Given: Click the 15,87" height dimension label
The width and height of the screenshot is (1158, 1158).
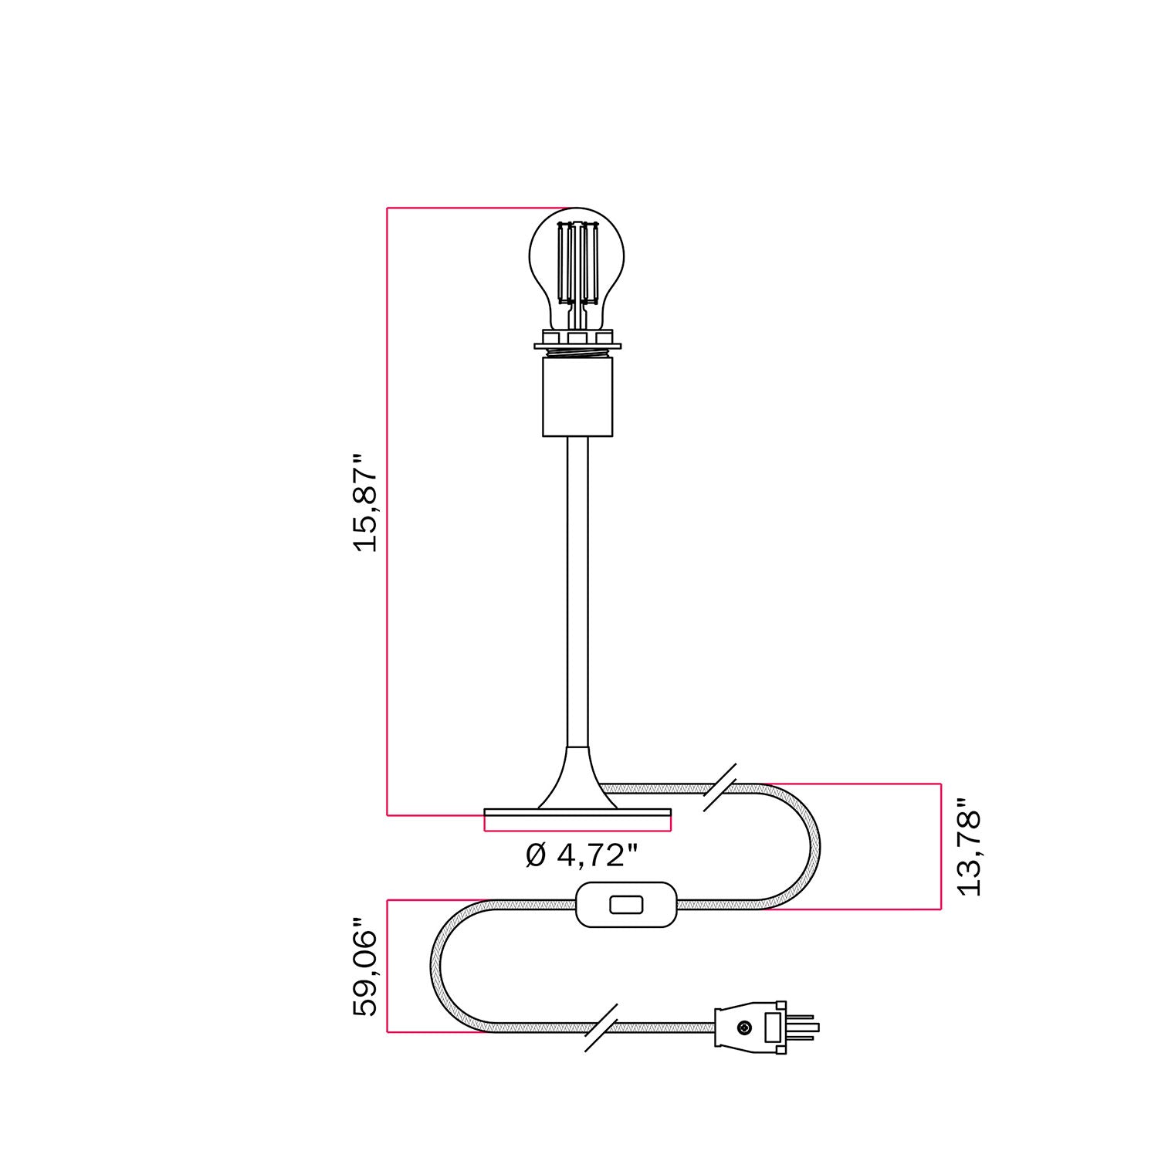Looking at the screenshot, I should (365, 502).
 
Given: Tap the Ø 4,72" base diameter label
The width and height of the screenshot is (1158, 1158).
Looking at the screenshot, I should (582, 855).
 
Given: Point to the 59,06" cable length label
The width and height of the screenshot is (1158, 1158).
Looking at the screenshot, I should (365, 967).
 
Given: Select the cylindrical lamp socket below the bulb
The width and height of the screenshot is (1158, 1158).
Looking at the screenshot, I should (577, 398).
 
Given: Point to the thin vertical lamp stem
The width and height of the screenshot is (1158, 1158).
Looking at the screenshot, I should (577, 587).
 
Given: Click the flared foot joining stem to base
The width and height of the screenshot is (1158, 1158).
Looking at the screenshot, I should (577, 780).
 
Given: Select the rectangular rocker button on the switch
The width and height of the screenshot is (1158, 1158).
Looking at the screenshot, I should (626, 904).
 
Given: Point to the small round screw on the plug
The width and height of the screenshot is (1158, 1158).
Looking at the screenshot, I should (744, 1028).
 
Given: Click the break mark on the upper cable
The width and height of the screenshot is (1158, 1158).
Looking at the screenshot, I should (719, 787).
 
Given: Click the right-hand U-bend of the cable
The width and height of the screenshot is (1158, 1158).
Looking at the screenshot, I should (811, 847).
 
